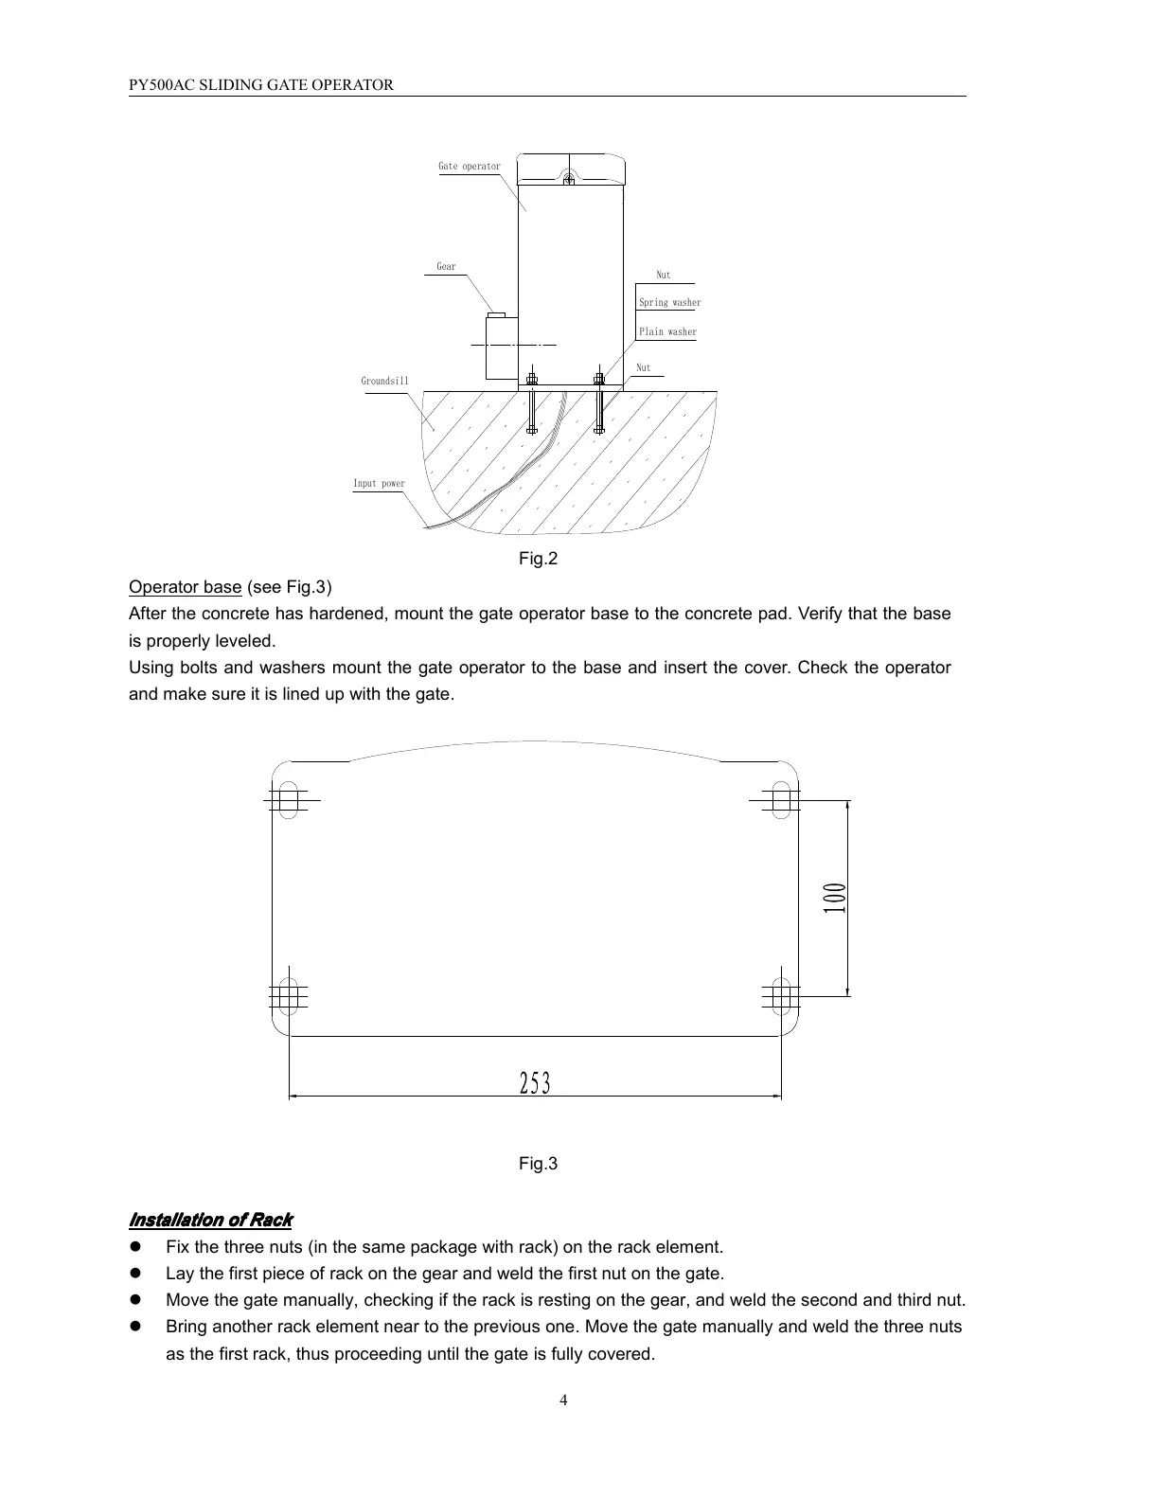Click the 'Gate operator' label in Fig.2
click(469, 167)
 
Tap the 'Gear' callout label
click(446, 267)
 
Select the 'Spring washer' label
click(669, 303)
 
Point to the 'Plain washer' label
click(667, 332)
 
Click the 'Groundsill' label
click(384, 382)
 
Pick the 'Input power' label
click(379, 484)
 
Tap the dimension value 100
click(834, 897)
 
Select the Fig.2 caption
click(538, 559)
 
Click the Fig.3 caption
click(538, 1163)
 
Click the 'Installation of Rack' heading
click(210, 1220)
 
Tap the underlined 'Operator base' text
click(185, 587)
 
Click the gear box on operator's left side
click(501, 347)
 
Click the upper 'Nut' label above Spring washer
click(663, 276)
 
